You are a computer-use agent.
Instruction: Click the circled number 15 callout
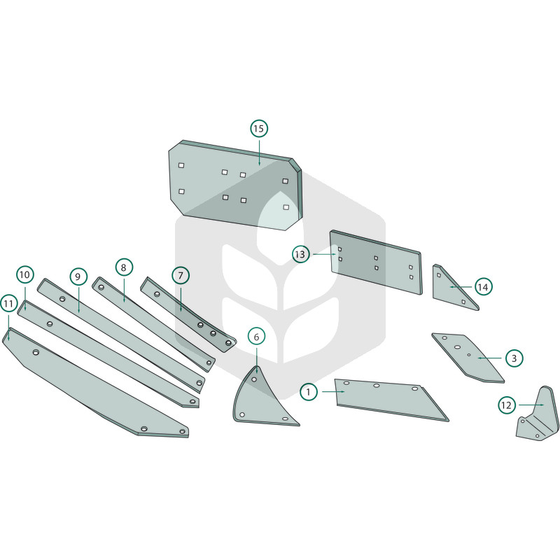click(x=259, y=129)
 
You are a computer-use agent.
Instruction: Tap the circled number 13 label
click(x=300, y=254)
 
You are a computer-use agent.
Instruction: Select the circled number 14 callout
click(x=483, y=287)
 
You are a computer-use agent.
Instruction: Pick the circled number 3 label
click(x=514, y=358)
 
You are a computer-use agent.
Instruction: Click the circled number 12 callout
click(x=507, y=405)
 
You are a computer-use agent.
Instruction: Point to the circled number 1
click(x=309, y=392)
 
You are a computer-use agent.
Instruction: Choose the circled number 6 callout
click(x=256, y=337)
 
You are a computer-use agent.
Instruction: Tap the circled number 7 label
click(x=181, y=276)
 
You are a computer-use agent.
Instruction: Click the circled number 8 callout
click(x=124, y=267)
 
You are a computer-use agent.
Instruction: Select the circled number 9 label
click(x=78, y=276)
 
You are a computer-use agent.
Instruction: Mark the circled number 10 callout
click(x=25, y=274)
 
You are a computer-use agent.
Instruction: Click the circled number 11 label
click(x=8, y=304)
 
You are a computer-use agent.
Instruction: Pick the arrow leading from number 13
click(x=324, y=254)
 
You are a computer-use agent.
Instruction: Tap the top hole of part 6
click(x=254, y=379)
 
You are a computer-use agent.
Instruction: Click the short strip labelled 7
click(x=188, y=314)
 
